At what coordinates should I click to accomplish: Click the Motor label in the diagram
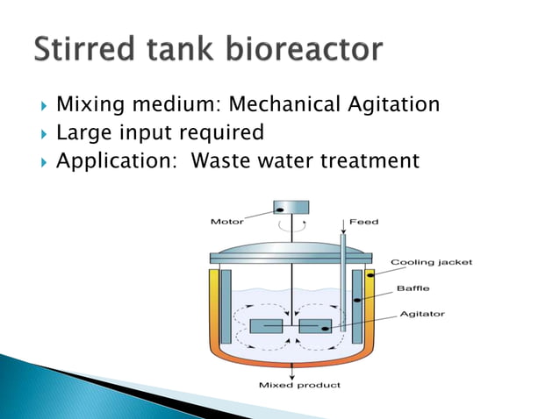click(226, 221)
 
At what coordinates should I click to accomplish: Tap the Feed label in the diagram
click(364, 222)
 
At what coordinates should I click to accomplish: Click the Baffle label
click(413, 288)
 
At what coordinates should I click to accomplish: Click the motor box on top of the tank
click(291, 208)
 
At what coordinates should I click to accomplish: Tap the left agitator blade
click(266, 326)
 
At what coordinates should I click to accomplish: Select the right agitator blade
click(315, 326)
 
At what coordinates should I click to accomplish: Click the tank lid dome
click(291, 248)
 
